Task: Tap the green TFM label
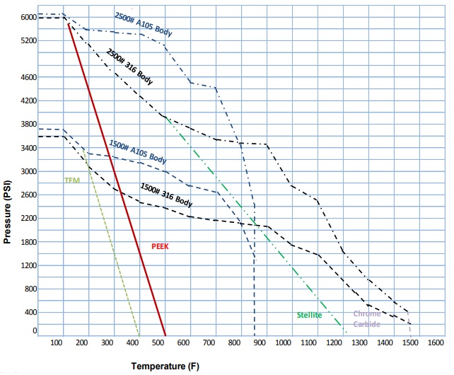point(72,180)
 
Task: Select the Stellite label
point(309,315)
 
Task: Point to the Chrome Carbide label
point(367,318)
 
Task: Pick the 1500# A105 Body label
point(137,151)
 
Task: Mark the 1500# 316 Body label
point(166,195)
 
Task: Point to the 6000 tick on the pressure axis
point(28,17)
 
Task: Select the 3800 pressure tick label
point(28,124)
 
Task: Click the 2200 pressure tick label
point(28,218)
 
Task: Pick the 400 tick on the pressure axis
point(30,312)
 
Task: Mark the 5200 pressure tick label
point(28,41)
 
